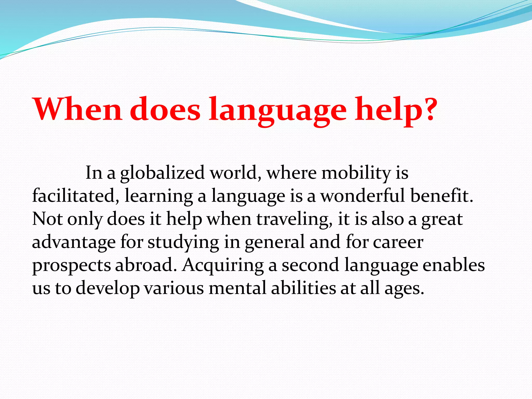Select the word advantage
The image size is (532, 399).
[x=74, y=242]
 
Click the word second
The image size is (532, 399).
[x=310, y=265]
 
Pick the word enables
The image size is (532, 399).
[x=454, y=265]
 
